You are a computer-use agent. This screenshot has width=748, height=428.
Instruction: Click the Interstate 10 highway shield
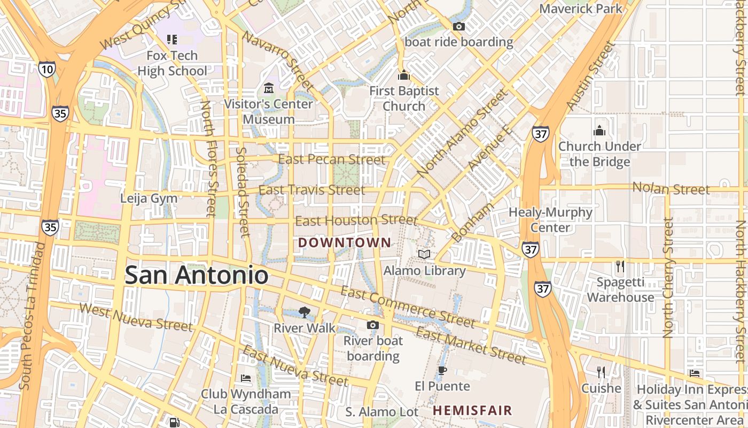[46, 68]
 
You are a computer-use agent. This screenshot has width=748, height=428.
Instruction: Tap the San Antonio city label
[196, 275]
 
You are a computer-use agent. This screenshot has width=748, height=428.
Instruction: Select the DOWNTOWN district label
[345, 242]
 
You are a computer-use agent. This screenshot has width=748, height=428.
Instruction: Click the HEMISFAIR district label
[472, 411]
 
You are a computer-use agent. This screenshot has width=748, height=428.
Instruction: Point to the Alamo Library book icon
[424, 255]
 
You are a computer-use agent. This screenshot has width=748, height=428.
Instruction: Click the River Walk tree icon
[304, 312]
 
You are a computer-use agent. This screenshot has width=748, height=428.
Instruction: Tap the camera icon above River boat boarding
[372, 325]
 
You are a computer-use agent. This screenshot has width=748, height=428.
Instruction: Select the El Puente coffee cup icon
[442, 370]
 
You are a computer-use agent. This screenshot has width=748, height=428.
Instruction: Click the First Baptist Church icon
[404, 75]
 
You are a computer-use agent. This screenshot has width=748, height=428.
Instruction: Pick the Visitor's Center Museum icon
[268, 88]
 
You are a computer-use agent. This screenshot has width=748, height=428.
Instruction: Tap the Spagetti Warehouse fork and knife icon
[620, 266]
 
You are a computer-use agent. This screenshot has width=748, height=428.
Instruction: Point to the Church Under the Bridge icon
[599, 131]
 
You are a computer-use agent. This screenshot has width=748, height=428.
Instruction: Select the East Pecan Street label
[331, 159]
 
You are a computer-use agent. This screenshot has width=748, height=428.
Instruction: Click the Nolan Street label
[671, 189]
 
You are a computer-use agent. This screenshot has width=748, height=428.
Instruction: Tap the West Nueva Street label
[136, 317]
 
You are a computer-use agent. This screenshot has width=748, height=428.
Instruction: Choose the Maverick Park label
[581, 9]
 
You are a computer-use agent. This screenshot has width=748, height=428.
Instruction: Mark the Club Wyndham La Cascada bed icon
[246, 378]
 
